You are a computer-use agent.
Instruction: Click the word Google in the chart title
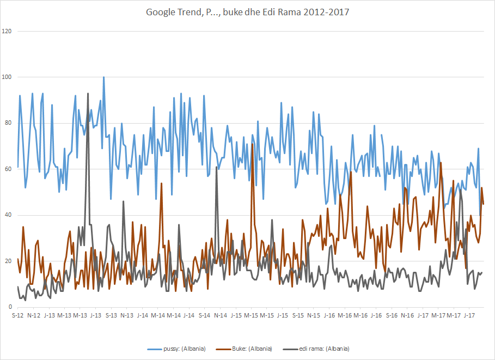coord(160,13)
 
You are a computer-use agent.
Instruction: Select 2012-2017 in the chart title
coord(322,13)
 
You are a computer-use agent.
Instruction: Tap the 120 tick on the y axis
coord(7,31)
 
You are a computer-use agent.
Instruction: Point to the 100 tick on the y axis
coord(7,77)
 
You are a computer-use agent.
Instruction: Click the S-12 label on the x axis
coord(18,315)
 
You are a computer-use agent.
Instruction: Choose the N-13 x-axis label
coord(127,315)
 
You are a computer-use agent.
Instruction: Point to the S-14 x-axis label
coord(205,315)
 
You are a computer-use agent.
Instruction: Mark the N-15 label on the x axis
coord(314,315)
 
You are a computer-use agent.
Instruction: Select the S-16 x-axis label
coord(392,315)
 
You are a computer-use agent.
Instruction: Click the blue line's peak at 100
coord(103,77)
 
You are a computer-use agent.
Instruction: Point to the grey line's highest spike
coord(88,94)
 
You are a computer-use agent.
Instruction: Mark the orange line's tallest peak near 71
coord(252,144)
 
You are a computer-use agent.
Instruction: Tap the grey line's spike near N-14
coord(216,167)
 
